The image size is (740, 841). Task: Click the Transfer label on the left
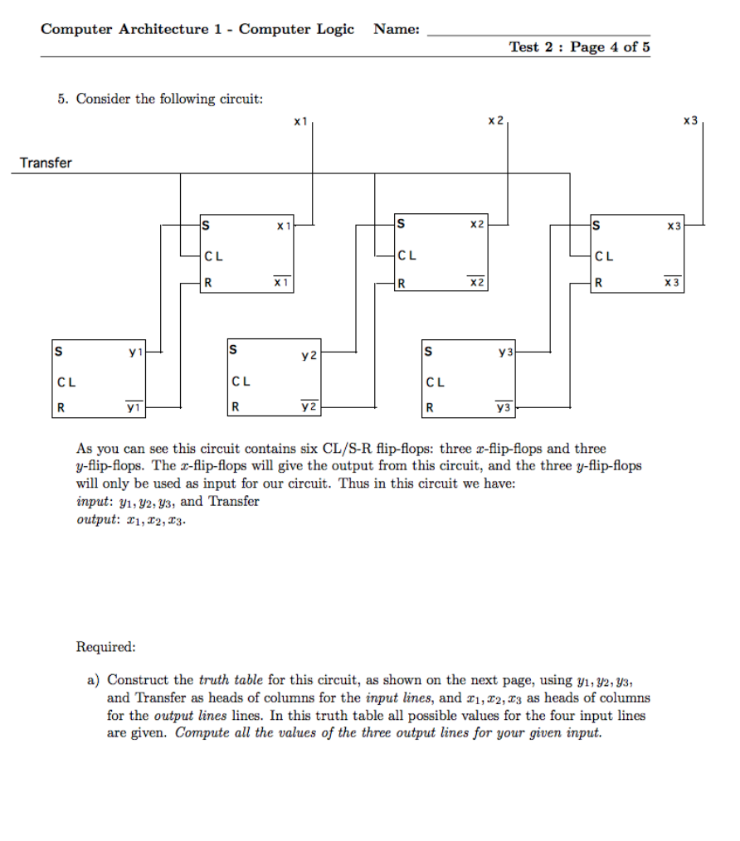pyautogui.click(x=46, y=163)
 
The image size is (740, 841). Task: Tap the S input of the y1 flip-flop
pyautogui.click(x=58, y=351)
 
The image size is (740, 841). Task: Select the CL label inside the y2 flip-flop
pyautogui.click(x=241, y=382)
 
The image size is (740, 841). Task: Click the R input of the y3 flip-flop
pyautogui.click(x=429, y=407)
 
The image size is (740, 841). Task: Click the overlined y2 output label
pyautogui.click(x=309, y=406)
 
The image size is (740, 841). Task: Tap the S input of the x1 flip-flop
pyautogui.click(x=207, y=224)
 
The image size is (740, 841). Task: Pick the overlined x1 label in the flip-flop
pyautogui.click(x=283, y=283)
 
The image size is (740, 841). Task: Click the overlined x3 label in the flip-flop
pyautogui.click(x=673, y=283)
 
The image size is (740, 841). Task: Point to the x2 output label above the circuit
pyautogui.click(x=495, y=121)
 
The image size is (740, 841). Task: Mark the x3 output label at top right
pyautogui.click(x=690, y=121)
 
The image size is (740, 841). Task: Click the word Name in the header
pyautogui.click(x=396, y=30)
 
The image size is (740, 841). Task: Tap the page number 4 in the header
pyautogui.click(x=614, y=47)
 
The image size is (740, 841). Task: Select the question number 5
pyautogui.click(x=63, y=99)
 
